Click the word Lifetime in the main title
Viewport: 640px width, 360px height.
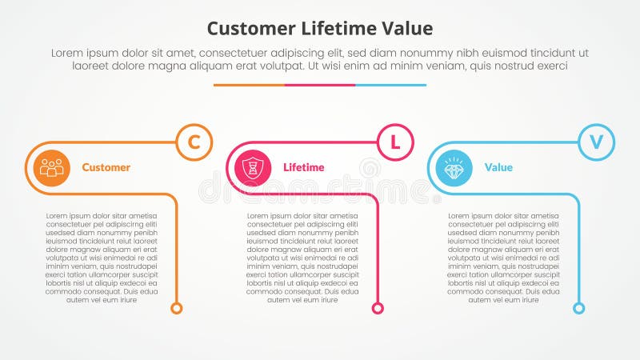(336, 29)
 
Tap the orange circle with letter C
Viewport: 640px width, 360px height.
(194, 142)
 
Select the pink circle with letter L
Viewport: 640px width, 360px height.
(394, 142)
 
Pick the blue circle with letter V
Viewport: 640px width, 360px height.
(596, 142)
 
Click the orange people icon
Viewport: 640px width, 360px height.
(52, 168)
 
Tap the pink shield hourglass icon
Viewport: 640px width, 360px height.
(253, 168)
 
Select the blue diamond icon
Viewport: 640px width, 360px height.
(454, 168)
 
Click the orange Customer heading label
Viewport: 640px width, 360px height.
(106, 168)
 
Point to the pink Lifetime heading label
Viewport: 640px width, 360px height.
(304, 168)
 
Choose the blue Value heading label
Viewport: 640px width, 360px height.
(498, 168)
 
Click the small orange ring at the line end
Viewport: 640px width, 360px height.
(177, 308)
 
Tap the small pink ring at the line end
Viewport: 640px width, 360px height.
(378, 308)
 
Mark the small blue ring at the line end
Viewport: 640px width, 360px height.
(579, 308)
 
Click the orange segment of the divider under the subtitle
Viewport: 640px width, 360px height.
(249, 85)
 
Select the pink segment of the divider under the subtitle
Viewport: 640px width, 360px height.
(320, 85)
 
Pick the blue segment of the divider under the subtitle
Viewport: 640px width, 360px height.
(390, 85)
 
